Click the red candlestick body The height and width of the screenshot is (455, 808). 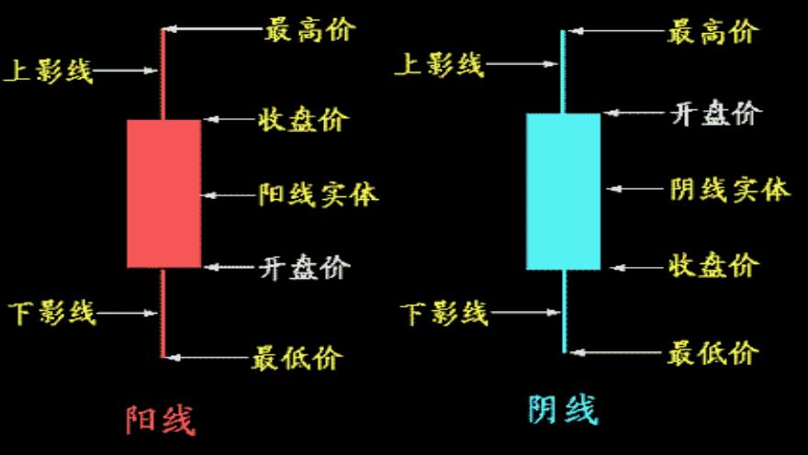coord(163,194)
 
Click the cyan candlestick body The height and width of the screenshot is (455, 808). coord(563,191)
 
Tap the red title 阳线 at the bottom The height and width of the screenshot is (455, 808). coord(161,419)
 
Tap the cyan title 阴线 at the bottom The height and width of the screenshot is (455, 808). coord(563,409)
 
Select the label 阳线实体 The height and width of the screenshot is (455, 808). coord(319,194)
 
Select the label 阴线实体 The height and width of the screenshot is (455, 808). coord(730,190)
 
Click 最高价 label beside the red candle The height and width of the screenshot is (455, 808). coord(310,29)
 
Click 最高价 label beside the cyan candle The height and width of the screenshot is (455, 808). coord(713,33)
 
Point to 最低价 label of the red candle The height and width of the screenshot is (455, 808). coord(297,357)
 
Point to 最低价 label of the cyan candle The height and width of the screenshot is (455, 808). coord(713,352)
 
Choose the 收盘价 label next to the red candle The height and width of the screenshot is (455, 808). coord(304,119)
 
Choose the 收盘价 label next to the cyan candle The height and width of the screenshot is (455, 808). coord(713,267)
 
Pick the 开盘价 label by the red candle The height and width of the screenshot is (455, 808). coord(304,268)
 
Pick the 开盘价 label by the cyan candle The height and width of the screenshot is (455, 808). coord(716,115)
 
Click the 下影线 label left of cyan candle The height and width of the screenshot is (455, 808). coord(444,314)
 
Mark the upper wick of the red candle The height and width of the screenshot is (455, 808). coord(163,73)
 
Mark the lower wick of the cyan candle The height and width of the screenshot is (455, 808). coord(563,312)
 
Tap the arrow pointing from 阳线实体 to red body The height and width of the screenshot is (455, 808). coord(230,194)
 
